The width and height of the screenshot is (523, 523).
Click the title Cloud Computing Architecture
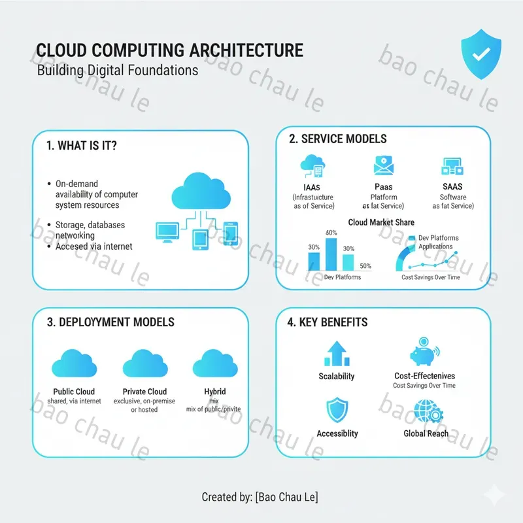(x=170, y=50)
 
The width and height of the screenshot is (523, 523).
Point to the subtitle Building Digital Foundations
(x=118, y=70)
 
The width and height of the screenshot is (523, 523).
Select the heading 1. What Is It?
(x=82, y=146)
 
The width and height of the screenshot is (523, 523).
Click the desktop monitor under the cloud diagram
(x=167, y=231)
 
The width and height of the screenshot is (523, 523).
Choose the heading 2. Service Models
(x=337, y=139)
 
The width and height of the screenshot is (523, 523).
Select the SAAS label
(x=452, y=186)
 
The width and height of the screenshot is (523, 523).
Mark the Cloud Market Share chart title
(x=381, y=222)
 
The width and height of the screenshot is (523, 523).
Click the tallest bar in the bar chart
(x=331, y=255)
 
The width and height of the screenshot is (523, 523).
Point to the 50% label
(x=365, y=266)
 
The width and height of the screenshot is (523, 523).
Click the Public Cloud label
(x=74, y=392)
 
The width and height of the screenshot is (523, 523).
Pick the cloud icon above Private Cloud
(x=145, y=363)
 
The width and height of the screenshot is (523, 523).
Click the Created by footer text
(x=260, y=498)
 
